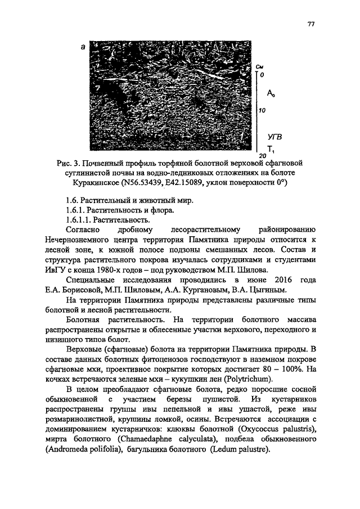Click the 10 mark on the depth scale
coord(262,111)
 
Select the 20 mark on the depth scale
coord(262,155)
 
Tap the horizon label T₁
coord(271,148)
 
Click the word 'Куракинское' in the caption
coord(97,184)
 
